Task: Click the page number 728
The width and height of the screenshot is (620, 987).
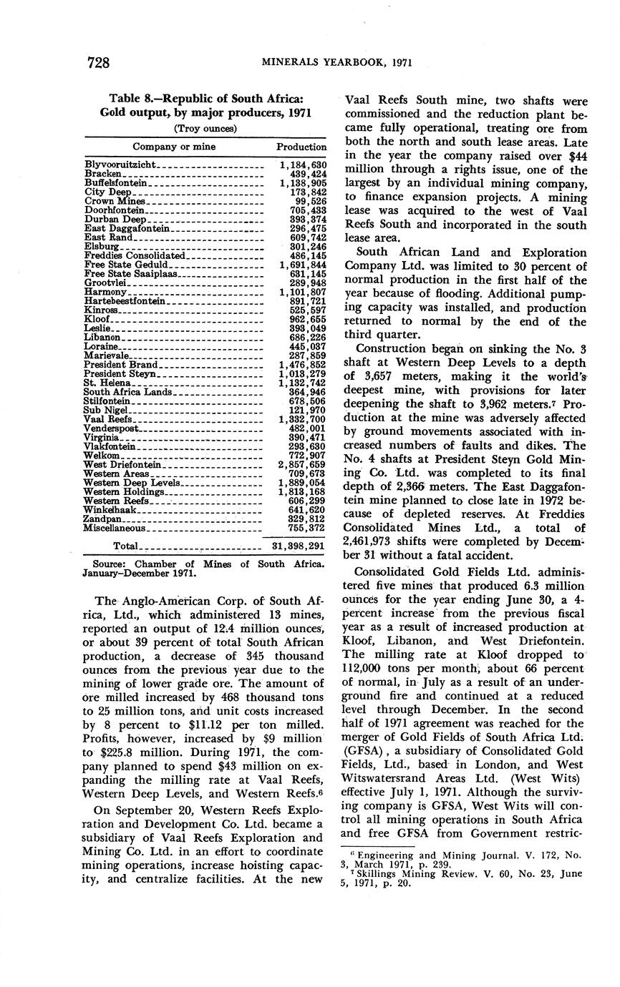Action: pos(98,63)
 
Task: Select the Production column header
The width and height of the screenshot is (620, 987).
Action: pos(301,147)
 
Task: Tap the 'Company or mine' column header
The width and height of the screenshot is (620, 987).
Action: pos(174,147)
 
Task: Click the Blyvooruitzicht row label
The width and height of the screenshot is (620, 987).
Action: pos(120,165)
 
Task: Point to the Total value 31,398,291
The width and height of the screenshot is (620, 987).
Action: pos(299,546)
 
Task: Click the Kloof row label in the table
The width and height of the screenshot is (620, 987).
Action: pos(97,319)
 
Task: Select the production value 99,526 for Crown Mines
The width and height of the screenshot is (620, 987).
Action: pos(309,202)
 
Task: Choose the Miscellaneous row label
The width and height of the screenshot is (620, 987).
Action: pos(115,528)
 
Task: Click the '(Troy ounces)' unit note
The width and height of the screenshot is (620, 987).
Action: pos(205,129)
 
